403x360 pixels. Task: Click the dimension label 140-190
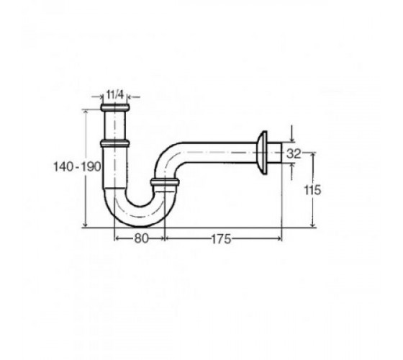pos(77,166)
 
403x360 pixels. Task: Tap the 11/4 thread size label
pos(115,94)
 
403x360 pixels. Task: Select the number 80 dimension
pos(141,238)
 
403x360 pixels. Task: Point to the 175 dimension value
pos(221,239)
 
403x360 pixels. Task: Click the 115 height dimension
pos(312,190)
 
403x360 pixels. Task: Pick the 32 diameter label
pos(294,154)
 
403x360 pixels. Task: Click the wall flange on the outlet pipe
pos(263,153)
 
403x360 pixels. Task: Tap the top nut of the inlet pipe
pos(114,107)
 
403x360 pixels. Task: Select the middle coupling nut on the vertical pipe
pos(114,143)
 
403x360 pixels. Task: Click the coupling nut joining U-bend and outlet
pos(164,182)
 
